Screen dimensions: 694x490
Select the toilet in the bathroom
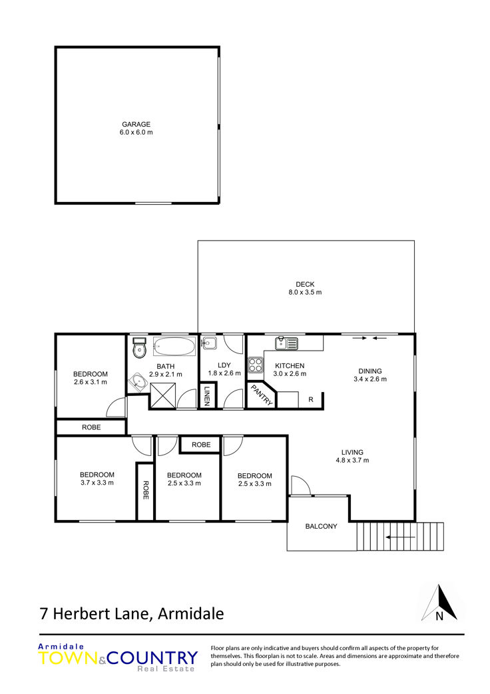(138, 349)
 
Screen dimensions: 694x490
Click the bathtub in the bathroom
(174, 347)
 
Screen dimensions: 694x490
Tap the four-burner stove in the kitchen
(256, 365)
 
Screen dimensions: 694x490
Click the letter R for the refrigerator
(310, 399)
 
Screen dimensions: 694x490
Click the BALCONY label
(321, 526)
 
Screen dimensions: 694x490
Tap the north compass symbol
(439, 603)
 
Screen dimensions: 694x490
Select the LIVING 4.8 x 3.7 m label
(352, 456)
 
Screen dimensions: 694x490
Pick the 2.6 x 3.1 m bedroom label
(90, 378)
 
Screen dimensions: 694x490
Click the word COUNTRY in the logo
(152, 657)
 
